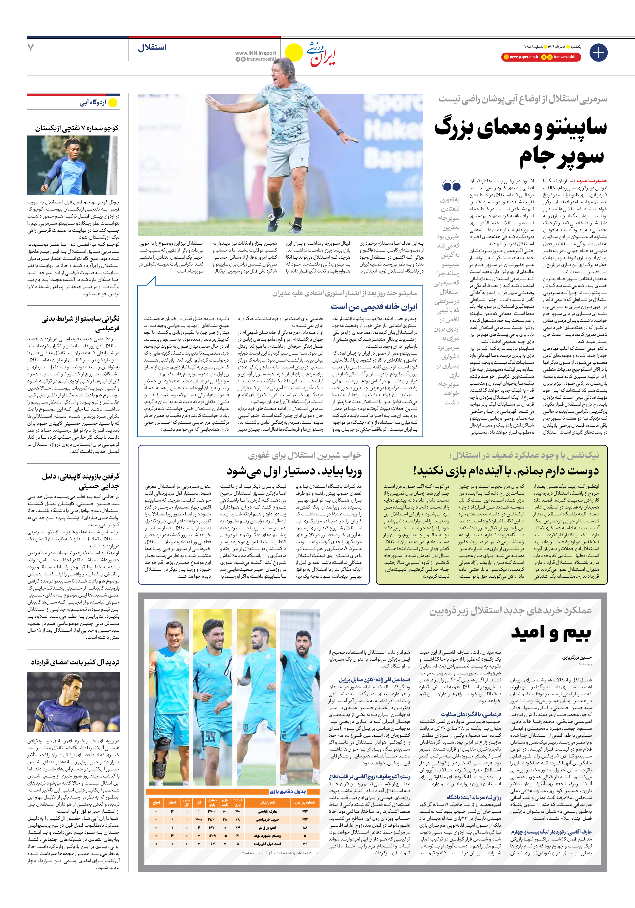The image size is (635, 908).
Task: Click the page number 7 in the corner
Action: [31, 48]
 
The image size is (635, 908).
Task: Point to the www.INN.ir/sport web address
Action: [255, 53]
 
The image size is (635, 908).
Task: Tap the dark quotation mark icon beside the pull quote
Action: [451, 185]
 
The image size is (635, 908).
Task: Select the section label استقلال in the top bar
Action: [152, 48]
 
